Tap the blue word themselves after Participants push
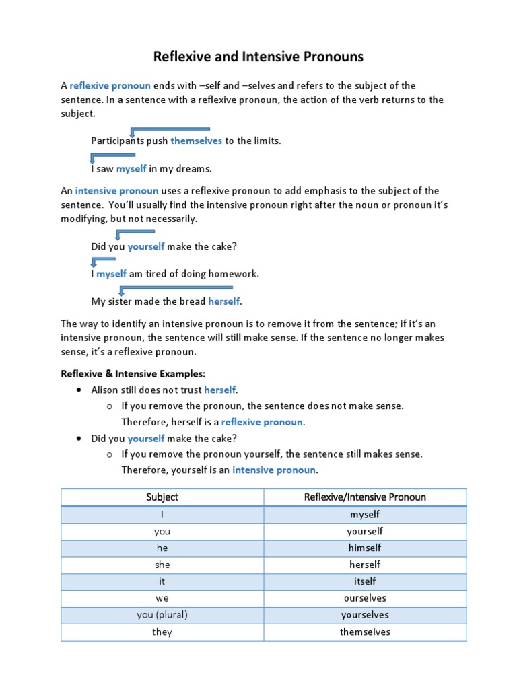coord(196,141)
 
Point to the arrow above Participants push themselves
coord(170,130)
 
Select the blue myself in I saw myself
coord(131,168)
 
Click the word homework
coord(236,274)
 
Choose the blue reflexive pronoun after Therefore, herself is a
coord(263,422)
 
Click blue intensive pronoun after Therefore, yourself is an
coord(274,470)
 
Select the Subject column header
coord(162,497)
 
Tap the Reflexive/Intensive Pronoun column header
coord(365,497)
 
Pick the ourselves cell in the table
coord(365,598)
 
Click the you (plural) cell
coord(162,615)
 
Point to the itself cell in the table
coord(365,581)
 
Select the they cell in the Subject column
coord(162,632)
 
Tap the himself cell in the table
coord(365,548)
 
